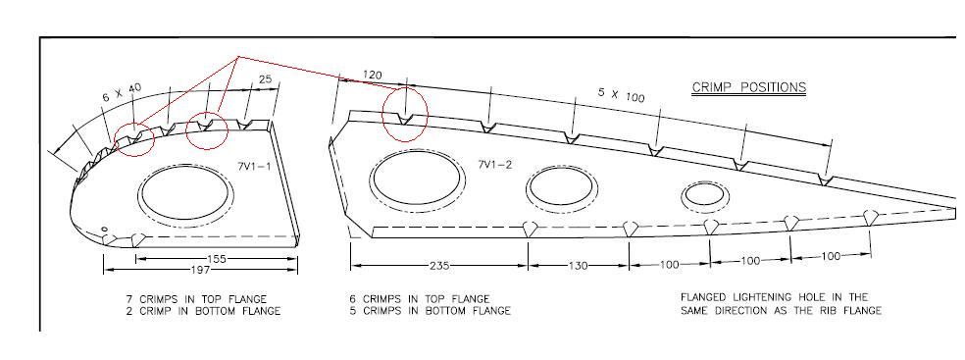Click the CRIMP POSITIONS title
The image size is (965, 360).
749,87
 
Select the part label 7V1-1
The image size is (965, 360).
253,165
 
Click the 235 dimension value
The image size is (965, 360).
439,266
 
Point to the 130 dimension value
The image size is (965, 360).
579,266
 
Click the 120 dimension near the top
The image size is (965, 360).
372,76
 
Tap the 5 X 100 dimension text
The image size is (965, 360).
621,94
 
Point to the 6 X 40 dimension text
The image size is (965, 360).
122,92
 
